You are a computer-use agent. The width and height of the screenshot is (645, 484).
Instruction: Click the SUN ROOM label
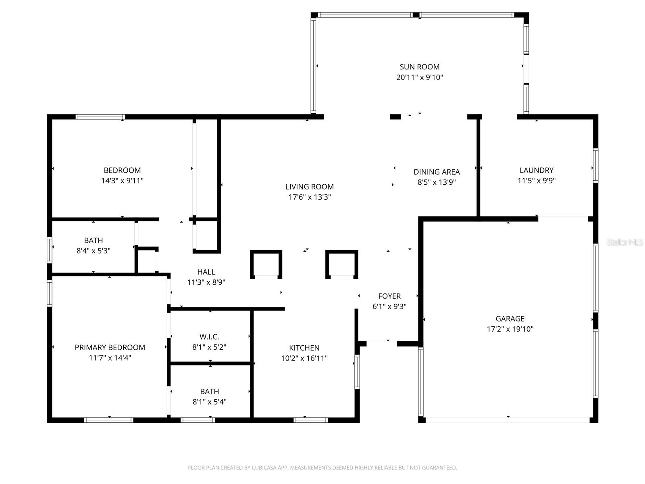point(419,67)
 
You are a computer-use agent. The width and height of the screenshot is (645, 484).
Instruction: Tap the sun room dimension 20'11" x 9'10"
point(419,77)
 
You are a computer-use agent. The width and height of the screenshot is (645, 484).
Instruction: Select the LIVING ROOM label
point(310,187)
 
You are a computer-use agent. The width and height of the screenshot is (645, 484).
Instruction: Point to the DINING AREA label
point(437,172)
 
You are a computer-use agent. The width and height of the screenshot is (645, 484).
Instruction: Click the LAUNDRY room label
point(536,170)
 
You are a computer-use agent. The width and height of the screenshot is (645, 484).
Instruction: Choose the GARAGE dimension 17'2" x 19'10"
point(510,329)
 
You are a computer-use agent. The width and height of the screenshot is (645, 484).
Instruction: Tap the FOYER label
point(389,296)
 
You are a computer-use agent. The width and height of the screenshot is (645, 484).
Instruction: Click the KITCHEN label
point(304,348)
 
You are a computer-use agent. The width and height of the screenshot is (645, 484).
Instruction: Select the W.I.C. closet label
point(209,337)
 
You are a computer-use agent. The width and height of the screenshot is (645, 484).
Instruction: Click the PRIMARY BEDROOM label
point(110,347)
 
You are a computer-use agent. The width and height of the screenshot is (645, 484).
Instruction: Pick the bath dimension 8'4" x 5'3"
point(94,251)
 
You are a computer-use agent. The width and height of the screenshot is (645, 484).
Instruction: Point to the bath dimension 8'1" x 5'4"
point(210,402)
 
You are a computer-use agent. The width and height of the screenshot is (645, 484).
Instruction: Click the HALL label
point(206,272)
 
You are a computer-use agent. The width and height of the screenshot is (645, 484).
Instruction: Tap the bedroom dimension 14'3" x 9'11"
point(122,181)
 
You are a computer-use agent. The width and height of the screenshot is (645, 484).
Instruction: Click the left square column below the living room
point(266,264)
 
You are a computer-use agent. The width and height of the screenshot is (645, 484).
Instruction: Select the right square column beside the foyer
point(341,264)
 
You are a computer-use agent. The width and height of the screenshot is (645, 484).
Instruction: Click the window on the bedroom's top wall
point(100,117)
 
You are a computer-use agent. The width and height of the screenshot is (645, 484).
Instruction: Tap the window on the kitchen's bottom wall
point(310,420)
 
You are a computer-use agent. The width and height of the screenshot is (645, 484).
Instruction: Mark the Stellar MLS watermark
point(625,242)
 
